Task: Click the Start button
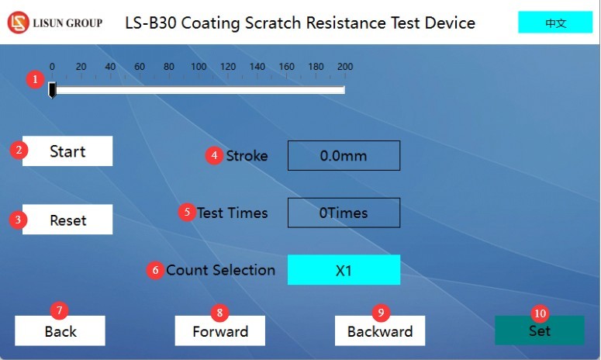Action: point(67,151)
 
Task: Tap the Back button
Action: point(60,331)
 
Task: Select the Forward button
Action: point(220,331)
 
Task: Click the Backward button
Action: point(380,331)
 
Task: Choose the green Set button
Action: point(540,331)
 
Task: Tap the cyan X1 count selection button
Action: point(344,270)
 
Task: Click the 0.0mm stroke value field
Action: point(344,156)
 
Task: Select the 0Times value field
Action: point(344,213)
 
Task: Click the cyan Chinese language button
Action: point(555,22)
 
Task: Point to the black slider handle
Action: point(52,90)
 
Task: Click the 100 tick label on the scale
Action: point(199,67)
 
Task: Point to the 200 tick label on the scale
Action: point(345,67)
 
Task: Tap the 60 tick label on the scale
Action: point(140,67)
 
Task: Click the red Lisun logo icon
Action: point(18,22)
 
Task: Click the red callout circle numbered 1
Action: point(35,79)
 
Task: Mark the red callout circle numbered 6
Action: point(155,270)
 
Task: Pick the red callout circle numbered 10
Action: point(540,313)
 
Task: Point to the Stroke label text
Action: point(247,156)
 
